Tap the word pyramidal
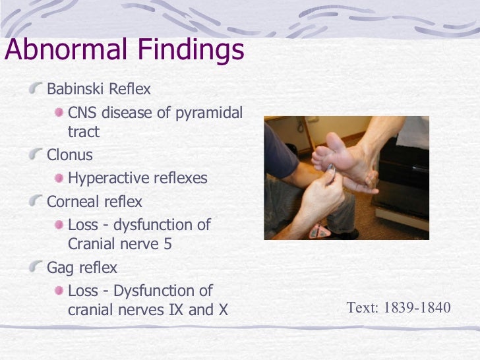[x=209, y=113]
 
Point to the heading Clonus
[x=70, y=156]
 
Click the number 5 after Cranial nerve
[x=173, y=243]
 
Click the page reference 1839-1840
[x=415, y=307]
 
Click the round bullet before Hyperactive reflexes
[x=60, y=178]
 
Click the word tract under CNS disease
[x=84, y=132]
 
